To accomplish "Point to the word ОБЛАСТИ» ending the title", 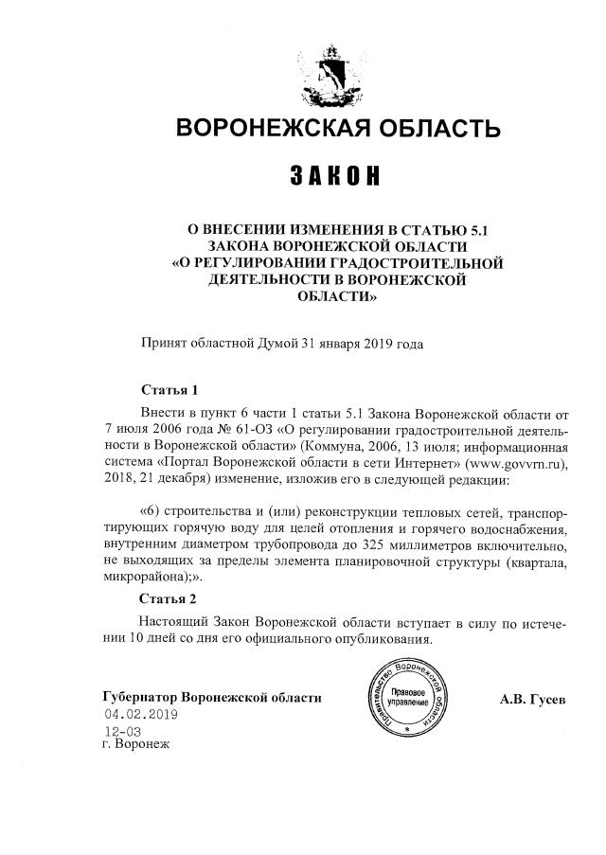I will click(x=332, y=296).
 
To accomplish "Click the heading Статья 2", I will click(x=169, y=599).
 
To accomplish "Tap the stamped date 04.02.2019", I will click(x=140, y=715).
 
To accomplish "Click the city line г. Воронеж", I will click(x=136, y=744).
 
